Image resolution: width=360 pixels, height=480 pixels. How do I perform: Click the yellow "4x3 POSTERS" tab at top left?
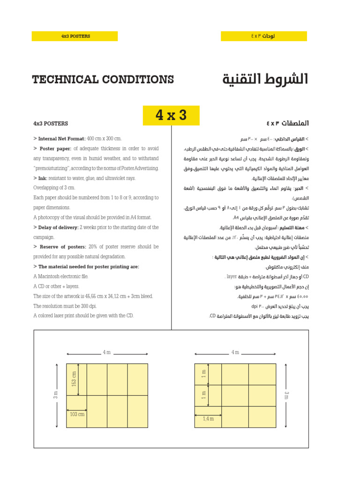[x=75, y=36]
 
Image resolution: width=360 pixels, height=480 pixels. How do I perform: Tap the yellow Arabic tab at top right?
[x=263, y=36]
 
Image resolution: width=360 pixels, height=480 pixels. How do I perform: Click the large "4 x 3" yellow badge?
[x=171, y=115]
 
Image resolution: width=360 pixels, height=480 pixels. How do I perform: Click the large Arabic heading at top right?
[x=265, y=79]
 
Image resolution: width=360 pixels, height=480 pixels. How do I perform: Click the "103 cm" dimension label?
[x=77, y=414]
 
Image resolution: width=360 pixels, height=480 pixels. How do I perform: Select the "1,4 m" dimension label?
[x=208, y=419]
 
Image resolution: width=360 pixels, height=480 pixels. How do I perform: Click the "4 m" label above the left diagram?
[x=107, y=352]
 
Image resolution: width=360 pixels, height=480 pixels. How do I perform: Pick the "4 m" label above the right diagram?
[x=235, y=352]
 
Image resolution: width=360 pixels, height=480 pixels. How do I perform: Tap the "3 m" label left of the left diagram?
[x=55, y=395]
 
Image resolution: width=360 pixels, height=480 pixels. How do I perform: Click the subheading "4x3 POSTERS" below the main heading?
[x=51, y=124]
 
